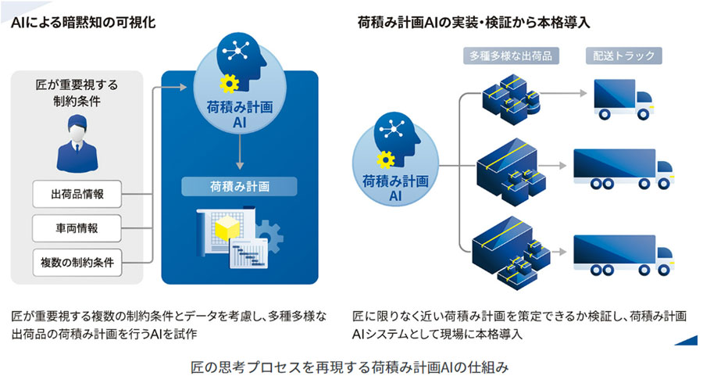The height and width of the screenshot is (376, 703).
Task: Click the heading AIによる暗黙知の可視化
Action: tap(84, 23)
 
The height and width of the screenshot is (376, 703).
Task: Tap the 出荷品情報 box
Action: tap(77, 193)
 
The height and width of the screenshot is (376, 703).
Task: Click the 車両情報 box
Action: tap(77, 228)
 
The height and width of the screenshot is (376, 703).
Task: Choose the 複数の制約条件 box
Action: tap(77, 263)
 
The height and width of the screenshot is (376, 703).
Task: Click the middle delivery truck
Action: tap(623, 168)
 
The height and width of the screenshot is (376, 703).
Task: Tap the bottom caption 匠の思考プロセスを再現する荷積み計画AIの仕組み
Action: tap(351, 365)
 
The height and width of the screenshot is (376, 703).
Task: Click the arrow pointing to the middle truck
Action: tap(551, 166)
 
